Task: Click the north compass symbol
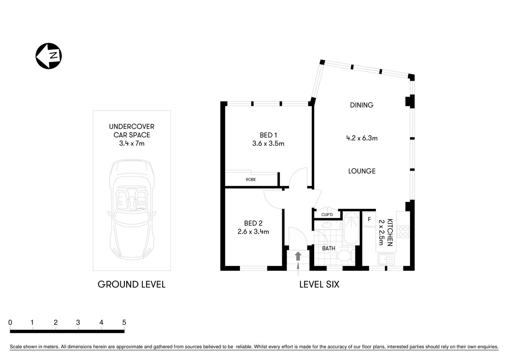(x=49, y=56)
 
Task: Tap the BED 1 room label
(x=268, y=135)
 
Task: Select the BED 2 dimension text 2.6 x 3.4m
(x=253, y=232)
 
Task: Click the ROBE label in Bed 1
(x=251, y=180)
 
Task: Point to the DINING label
(x=361, y=105)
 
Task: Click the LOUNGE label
(x=361, y=171)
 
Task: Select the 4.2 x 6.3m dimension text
(x=361, y=138)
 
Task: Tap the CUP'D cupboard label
(x=327, y=215)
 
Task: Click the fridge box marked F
(x=369, y=219)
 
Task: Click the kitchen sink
(x=386, y=259)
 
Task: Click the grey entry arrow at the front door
(x=298, y=256)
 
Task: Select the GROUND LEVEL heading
(x=131, y=284)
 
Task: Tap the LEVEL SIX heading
(x=319, y=284)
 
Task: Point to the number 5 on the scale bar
(x=124, y=322)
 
